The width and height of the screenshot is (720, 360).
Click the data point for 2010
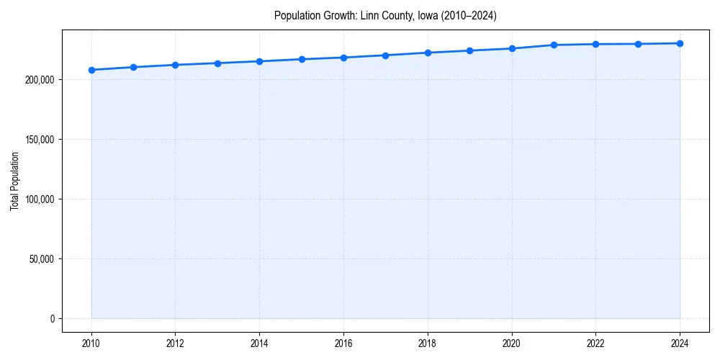(91, 70)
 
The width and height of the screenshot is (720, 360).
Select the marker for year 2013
(217, 63)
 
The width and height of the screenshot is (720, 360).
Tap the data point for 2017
(386, 55)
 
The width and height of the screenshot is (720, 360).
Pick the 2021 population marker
(554, 45)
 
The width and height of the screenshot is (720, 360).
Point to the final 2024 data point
(680, 43)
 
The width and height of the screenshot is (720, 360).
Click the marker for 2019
(469, 50)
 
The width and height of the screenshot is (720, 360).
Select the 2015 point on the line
(302, 59)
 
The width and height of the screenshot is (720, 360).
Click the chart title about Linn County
(385, 15)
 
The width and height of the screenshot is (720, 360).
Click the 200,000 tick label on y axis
(40, 79)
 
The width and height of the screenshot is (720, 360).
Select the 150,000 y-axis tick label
(40, 139)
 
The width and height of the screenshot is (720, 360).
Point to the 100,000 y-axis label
(40, 199)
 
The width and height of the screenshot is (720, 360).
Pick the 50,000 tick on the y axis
(42, 258)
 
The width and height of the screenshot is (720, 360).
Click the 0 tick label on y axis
(52, 318)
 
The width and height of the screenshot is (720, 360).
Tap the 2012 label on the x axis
(176, 343)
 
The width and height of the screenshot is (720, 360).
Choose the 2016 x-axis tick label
(343, 343)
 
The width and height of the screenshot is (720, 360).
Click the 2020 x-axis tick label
(512, 343)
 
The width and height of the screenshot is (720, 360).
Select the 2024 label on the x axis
(680, 343)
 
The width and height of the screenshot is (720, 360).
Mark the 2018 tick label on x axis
(428, 343)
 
